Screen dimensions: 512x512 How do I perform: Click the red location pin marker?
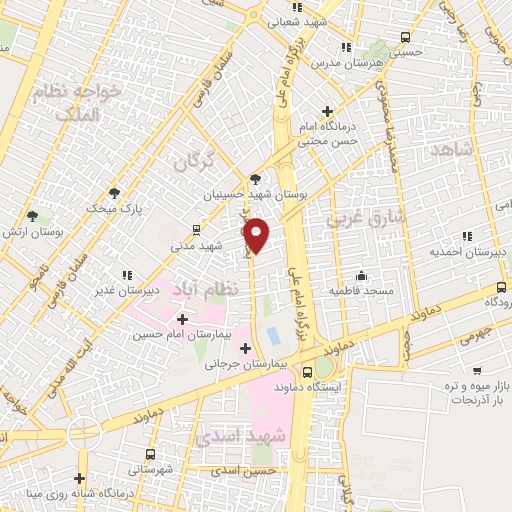257,234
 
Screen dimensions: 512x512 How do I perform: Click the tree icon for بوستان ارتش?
32,216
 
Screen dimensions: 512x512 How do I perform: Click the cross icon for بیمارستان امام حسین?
181,319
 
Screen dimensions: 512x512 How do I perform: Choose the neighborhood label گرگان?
194,160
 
